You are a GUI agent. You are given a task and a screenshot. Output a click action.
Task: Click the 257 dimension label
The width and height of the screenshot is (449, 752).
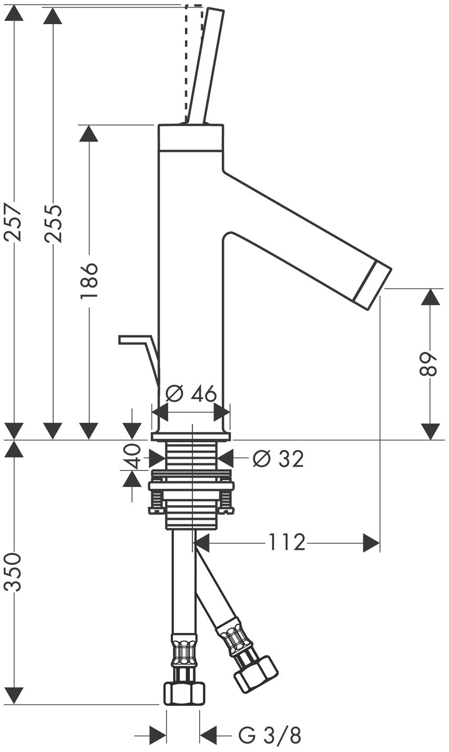coord(14,221)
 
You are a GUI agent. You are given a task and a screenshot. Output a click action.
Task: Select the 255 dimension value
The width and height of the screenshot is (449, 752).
coord(54,223)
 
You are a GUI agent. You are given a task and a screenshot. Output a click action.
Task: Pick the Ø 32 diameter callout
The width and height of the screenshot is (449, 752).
coord(278,458)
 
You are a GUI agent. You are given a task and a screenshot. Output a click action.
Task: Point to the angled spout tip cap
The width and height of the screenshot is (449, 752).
coord(373,283)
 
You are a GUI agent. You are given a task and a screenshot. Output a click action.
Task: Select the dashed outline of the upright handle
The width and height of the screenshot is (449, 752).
coord(193,64)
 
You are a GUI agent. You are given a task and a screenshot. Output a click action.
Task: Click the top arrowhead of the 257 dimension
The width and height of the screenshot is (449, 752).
coord(14,14)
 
